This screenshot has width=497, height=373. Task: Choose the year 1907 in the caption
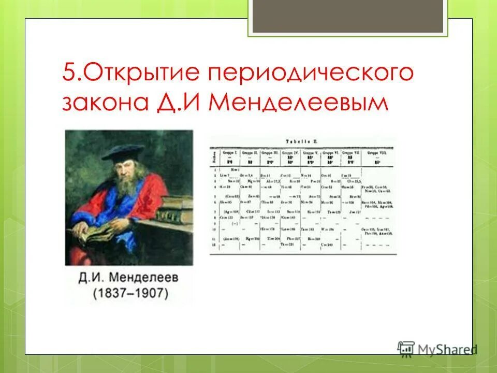coord(150,293)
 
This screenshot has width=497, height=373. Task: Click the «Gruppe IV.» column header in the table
coord(288,153)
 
